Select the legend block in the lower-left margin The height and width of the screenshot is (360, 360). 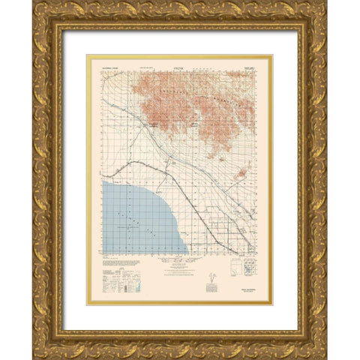pos(112,278)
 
